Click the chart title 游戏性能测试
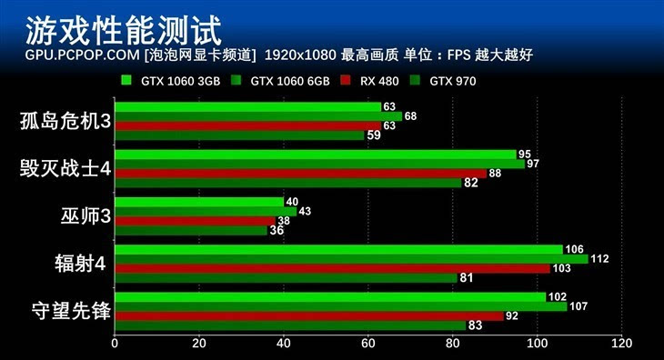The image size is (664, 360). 123,30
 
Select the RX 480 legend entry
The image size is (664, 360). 372,80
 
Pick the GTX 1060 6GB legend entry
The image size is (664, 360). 278,80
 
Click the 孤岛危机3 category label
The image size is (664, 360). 65,122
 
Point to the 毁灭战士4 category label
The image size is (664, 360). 65,169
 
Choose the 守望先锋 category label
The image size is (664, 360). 65,312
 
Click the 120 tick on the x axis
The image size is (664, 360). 621,344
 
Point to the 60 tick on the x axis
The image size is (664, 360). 368,344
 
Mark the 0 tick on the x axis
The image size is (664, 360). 115,344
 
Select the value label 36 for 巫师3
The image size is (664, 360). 276,231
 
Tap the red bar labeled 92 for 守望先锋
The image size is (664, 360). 309,316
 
